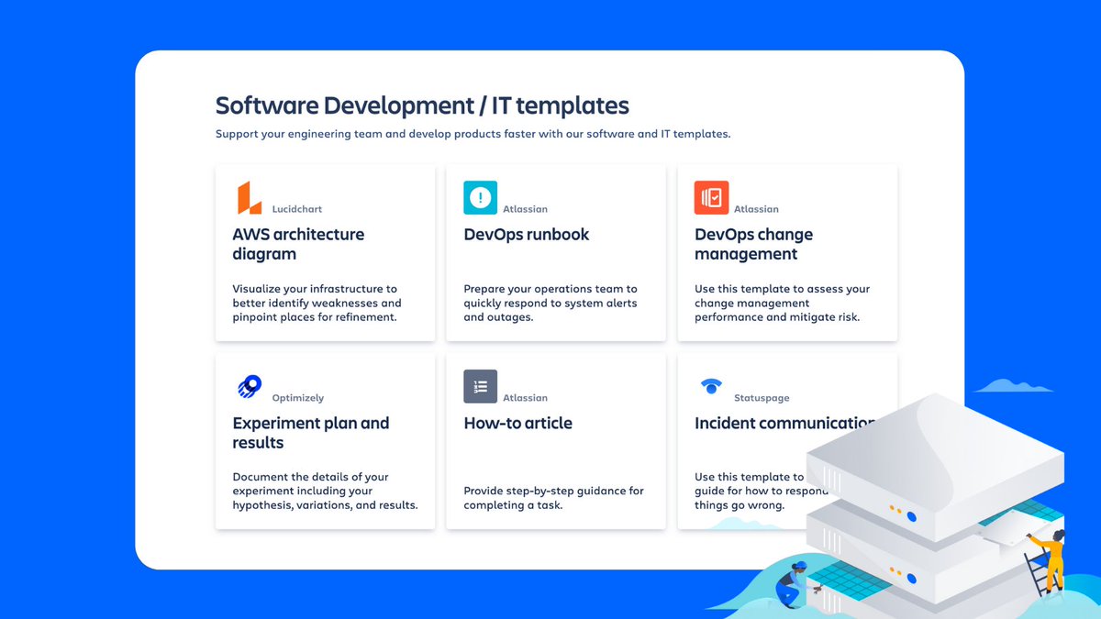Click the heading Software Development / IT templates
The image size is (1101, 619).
(422, 105)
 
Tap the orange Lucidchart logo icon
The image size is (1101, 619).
(249, 198)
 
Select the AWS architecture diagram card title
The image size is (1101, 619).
(298, 244)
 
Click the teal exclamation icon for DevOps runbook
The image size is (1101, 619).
(480, 197)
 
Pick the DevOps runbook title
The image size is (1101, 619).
(526, 235)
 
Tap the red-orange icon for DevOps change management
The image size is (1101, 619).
(711, 197)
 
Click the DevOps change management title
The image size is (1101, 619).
(753, 244)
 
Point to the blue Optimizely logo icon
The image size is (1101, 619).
(249, 386)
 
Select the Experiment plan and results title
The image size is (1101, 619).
(310, 433)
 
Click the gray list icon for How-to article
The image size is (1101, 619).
(480, 386)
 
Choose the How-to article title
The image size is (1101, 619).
(517, 423)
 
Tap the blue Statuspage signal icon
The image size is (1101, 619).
(711, 386)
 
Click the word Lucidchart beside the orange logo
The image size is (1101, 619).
(297, 209)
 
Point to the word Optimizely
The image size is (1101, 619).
(298, 398)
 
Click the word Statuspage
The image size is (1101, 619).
(762, 398)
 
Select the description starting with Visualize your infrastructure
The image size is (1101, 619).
(317, 303)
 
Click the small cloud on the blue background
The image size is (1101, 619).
(1012, 386)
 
